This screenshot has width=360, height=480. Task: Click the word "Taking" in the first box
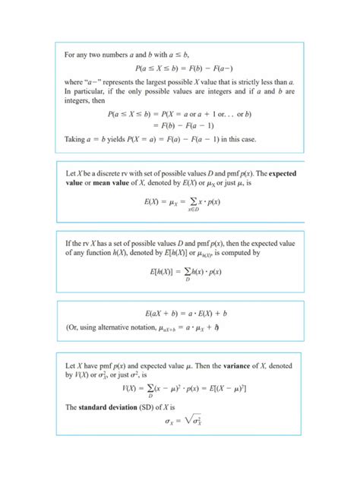pyautogui.click(x=75, y=138)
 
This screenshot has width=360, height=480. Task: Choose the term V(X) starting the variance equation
pyautogui.click(x=131, y=388)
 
